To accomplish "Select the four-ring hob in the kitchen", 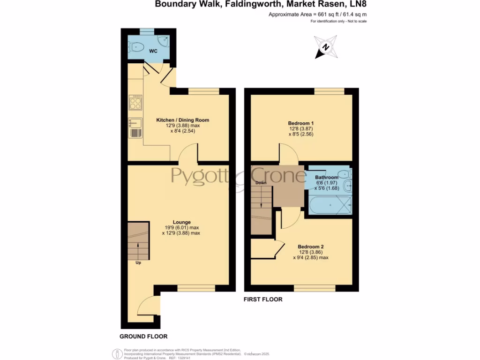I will pyautogui.click(x=135, y=102).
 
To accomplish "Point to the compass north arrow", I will pyautogui.click(x=326, y=47).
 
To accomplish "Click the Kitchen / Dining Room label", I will pyautogui.click(x=182, y=120).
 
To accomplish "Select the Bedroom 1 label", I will pyautogui.click(x=300, y=123).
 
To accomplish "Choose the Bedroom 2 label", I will pyautogui.click(x=311, y=247).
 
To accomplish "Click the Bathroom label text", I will pyautogui.click(x=326, y=178).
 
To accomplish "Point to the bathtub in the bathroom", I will pyautogui.click(x=330, y=205).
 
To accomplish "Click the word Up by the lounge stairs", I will pyautogui.click(x=138, y=262).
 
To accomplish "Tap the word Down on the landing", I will pyautogui.click(x=261, y=182).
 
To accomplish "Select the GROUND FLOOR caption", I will pyautogui.click(x=143, y=337).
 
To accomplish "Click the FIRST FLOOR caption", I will pyautogui.click(x=263, y=299).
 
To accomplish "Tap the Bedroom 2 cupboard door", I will pyautogui.click(x=278, y=249).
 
